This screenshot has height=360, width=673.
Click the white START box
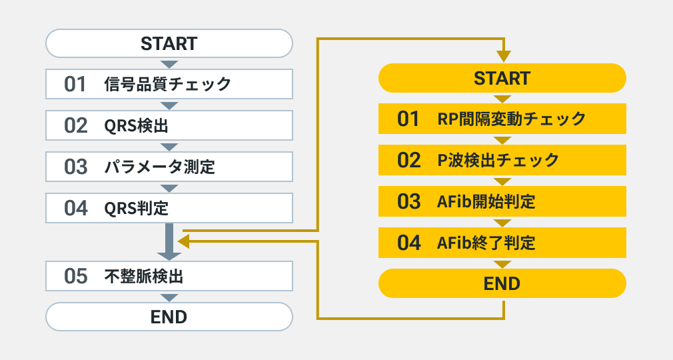tap(169, 43)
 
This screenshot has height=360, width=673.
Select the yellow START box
tap(502, 78)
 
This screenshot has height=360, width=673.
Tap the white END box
tap(169, 317)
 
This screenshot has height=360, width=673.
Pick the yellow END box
tap(502, 283)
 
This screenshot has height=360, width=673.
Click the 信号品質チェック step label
tap(168, 84)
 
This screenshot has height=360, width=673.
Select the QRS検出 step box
tap(169, 125)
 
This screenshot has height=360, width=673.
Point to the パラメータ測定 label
tap(160, 167)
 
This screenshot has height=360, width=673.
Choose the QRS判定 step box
tap(169, 208)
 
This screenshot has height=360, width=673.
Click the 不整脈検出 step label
tap(144, 276)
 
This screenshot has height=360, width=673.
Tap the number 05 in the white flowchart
tap(75, 276)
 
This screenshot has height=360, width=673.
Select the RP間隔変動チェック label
tap(512, 119)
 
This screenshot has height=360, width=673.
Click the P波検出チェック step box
tap(502, 160)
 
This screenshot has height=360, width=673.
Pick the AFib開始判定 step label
tap(486, 201)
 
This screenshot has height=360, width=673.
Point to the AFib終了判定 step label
tap(486, 243)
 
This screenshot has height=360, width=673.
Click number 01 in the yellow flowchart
tap(408, 119)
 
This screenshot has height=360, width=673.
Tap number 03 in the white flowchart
tap(75, 167)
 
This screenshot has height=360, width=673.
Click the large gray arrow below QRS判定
tap(169, 241)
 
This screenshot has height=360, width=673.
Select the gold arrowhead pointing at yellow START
tap(504, 56)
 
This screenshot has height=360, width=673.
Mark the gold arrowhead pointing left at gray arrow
tap(184, 241)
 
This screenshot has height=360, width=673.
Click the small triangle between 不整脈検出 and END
tap(169, 297)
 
